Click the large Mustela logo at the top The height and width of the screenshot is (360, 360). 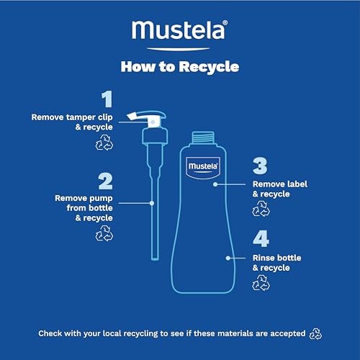[179, 30]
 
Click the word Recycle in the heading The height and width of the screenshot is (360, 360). [209, 67]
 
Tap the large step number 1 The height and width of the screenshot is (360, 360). [107, 99]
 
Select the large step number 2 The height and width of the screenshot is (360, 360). [105, 181]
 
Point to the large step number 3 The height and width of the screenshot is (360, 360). [260, 166]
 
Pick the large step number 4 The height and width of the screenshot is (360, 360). [261, 239]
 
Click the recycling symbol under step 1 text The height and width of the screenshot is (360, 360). [104, 143]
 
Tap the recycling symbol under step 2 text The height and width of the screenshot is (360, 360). [104, 233]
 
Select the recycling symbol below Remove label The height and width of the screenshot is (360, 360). [261, 209]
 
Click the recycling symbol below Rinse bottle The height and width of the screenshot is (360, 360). [261, 283]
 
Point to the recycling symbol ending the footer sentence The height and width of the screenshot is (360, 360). [315, 334]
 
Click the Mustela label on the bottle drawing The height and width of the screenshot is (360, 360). [203, 168]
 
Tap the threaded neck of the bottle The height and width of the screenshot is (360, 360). [203, 138]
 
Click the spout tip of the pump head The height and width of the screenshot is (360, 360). [130, 117]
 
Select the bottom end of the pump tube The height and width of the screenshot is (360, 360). [155, 258]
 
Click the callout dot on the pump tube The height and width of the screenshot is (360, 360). [152, 203]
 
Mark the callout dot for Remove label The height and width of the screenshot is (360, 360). [215, 184]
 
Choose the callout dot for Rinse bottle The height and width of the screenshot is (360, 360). [228, 258]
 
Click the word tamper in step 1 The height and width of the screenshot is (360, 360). [78, 117]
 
